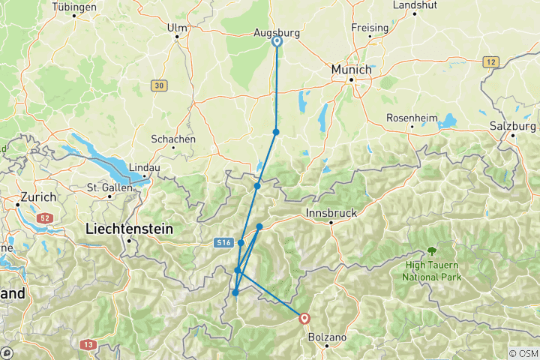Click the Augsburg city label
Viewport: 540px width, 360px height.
(x=277, y=33)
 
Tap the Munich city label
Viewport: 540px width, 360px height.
(x=352, y=69)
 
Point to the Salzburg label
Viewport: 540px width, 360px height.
(x=512, y=126)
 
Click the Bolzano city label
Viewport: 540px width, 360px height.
(x=328, y=337)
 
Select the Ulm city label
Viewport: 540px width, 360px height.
(x=177, y=28)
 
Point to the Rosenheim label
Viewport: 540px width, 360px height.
(x=412, y=118)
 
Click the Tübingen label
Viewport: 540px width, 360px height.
(x=74, y=7)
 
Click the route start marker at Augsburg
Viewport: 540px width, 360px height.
(x=277, y=42)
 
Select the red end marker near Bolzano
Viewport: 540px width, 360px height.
(x=304, y=319)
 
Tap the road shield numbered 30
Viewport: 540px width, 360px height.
(x=157, y=86)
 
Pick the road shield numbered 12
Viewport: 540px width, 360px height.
(x=491, y=61)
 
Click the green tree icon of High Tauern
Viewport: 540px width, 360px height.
(x=431, y=251)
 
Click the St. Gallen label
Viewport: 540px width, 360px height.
(x=104, y=187)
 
